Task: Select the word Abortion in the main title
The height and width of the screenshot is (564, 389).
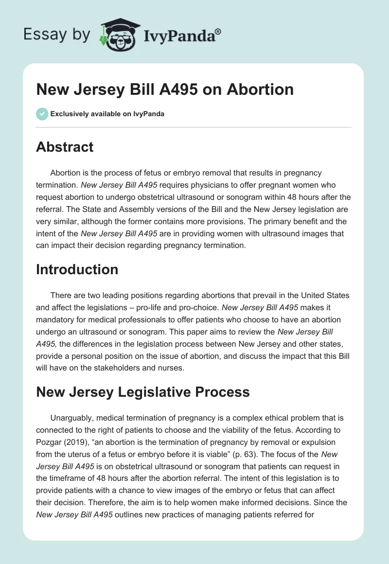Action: (x=260, y=89)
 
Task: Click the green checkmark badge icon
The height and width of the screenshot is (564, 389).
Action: (x=42, y=114)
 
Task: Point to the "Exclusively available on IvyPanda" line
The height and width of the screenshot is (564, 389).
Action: (x=107, y=114)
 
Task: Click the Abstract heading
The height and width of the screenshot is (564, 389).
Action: (x=65, y=147)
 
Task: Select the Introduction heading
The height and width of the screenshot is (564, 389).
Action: (x=77, y=269)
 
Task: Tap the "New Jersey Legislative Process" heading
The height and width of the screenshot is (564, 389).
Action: (x=143, y=392)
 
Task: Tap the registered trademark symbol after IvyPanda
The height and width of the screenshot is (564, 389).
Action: (x=218, y=31)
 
